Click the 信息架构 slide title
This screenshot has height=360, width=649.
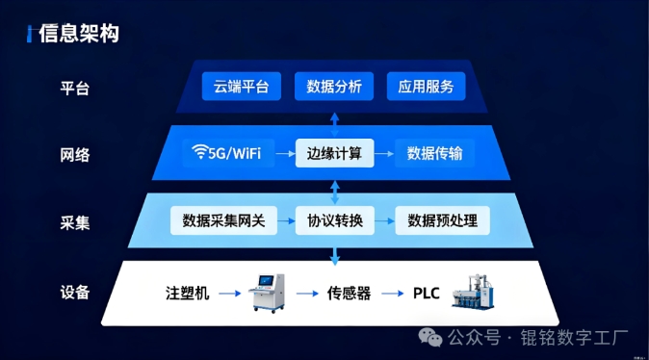(79, 34)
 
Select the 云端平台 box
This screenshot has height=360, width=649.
(242, 86)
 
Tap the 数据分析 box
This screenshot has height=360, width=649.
(334, 86)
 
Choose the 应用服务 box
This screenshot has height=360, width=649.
(426, 86)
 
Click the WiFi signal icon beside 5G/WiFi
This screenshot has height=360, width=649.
(200, 151)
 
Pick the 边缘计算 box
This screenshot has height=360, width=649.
(334, 153)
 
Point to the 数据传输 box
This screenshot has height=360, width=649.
(434, 153)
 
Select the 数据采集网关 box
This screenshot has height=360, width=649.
(223, 220)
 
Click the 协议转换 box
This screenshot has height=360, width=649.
(335, 220)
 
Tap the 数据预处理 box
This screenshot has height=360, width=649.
(443, 220)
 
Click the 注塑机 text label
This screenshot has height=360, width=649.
(188, 293)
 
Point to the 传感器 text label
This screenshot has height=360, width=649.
(349, 293)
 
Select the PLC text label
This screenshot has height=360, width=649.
(426, 293)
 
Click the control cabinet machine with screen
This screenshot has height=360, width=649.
(268, 292)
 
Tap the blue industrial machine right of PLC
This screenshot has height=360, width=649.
(473, 292)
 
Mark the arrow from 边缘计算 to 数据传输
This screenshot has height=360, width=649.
(384, 153)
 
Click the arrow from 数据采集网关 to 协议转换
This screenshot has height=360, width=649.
(286, 221)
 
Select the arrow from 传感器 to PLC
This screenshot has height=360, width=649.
(392, 294)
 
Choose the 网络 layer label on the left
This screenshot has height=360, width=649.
(75, 155)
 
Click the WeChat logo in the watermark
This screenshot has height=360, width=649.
(430, 337)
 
